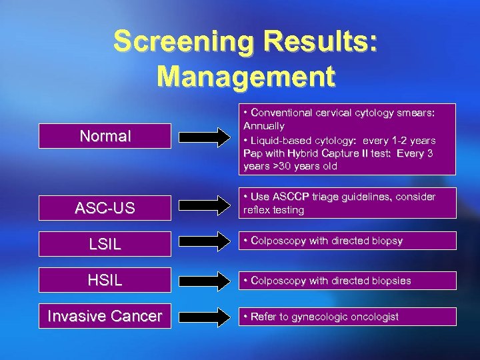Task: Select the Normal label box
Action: click(105, 137)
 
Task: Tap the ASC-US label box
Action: click(105, 208)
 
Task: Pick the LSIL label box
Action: click(105, 244)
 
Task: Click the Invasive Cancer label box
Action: click(105, 316)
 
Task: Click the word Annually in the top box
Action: click(264, 126)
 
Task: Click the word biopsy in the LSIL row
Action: click(387, 241)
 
